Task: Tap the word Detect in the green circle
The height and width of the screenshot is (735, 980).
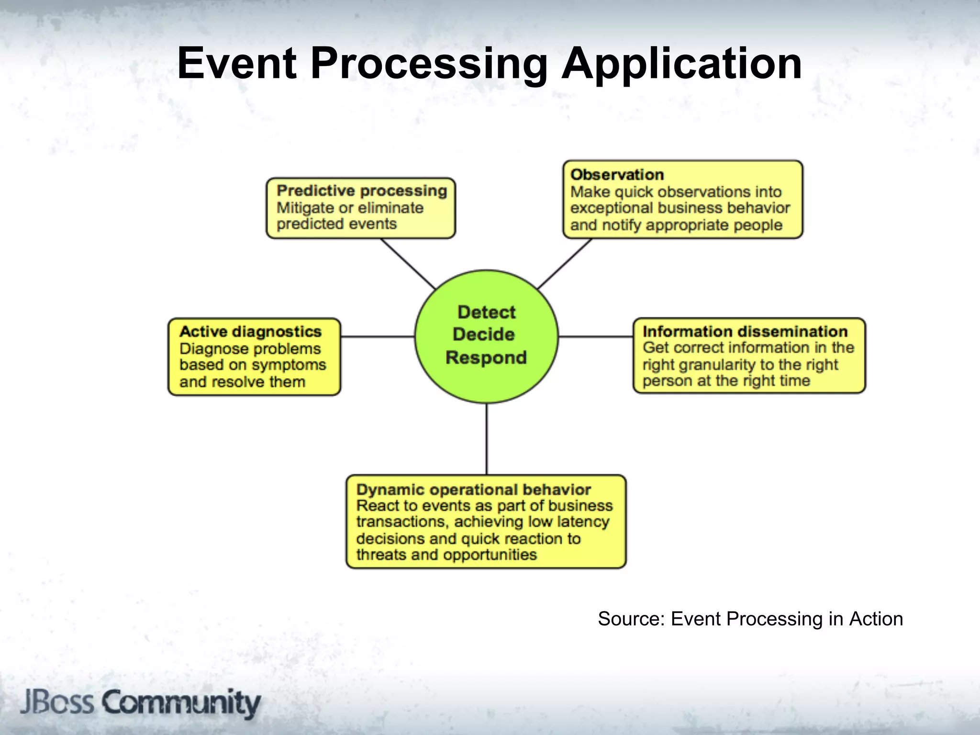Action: [486, 312]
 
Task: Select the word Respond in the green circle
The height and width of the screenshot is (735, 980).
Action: [486, 357]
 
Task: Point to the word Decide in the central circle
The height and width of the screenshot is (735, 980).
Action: [484, 334]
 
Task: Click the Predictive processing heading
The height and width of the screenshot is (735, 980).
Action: [362, 191]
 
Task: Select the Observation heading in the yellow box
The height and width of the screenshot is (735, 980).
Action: [617, 175]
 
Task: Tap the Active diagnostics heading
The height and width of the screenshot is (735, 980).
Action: [250, 332]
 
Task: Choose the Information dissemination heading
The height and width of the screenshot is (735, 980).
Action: [745, 332]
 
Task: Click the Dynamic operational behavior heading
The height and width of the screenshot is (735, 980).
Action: [473, 490]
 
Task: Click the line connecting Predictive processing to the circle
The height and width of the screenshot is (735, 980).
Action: [408, 264]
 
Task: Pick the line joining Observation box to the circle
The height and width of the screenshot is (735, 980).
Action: [565, 264]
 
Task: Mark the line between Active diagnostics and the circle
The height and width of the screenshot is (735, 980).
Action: [378, 337]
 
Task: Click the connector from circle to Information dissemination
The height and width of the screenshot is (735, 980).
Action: [596, 337]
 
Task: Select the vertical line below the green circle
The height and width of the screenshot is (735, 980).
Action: [487, 439]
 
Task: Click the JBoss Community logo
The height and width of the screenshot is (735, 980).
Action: [140, 703]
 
